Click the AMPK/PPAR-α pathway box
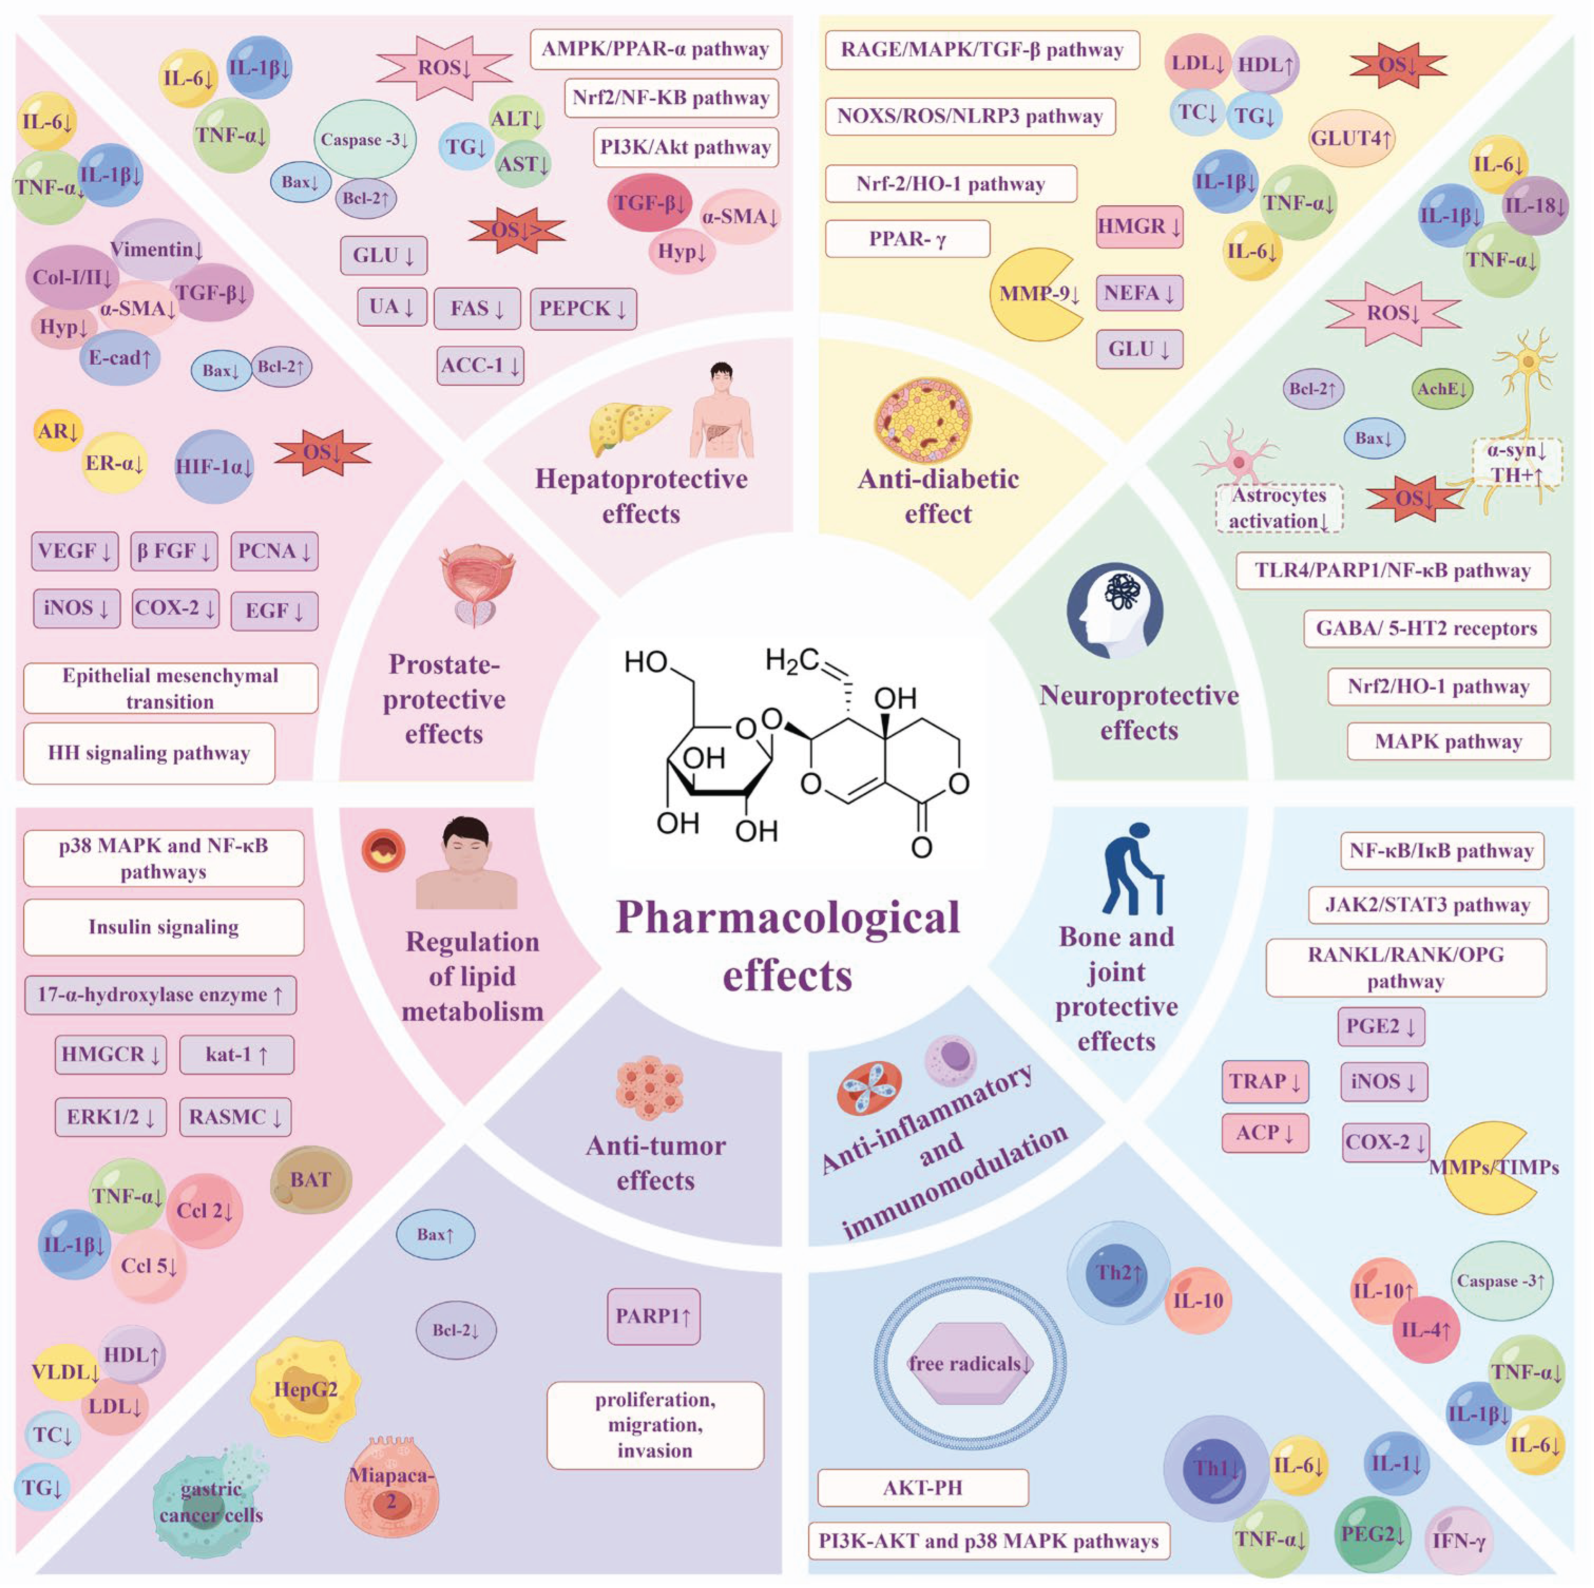[655, 50]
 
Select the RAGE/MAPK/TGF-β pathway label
[982, 50]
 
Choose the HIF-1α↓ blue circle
[214, 467]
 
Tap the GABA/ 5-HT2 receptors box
[1427, 629]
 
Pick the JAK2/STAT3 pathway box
[1427, 905]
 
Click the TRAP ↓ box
[1264, 1081]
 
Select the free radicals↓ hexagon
[969, 1364]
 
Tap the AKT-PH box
[922, 1487]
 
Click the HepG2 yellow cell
[306, 1389]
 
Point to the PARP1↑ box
[653, 1316]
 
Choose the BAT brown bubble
[310, 1180]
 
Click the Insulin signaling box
[164, 927]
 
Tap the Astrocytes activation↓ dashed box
[1279, 508]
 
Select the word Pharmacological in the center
[788, 918]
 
